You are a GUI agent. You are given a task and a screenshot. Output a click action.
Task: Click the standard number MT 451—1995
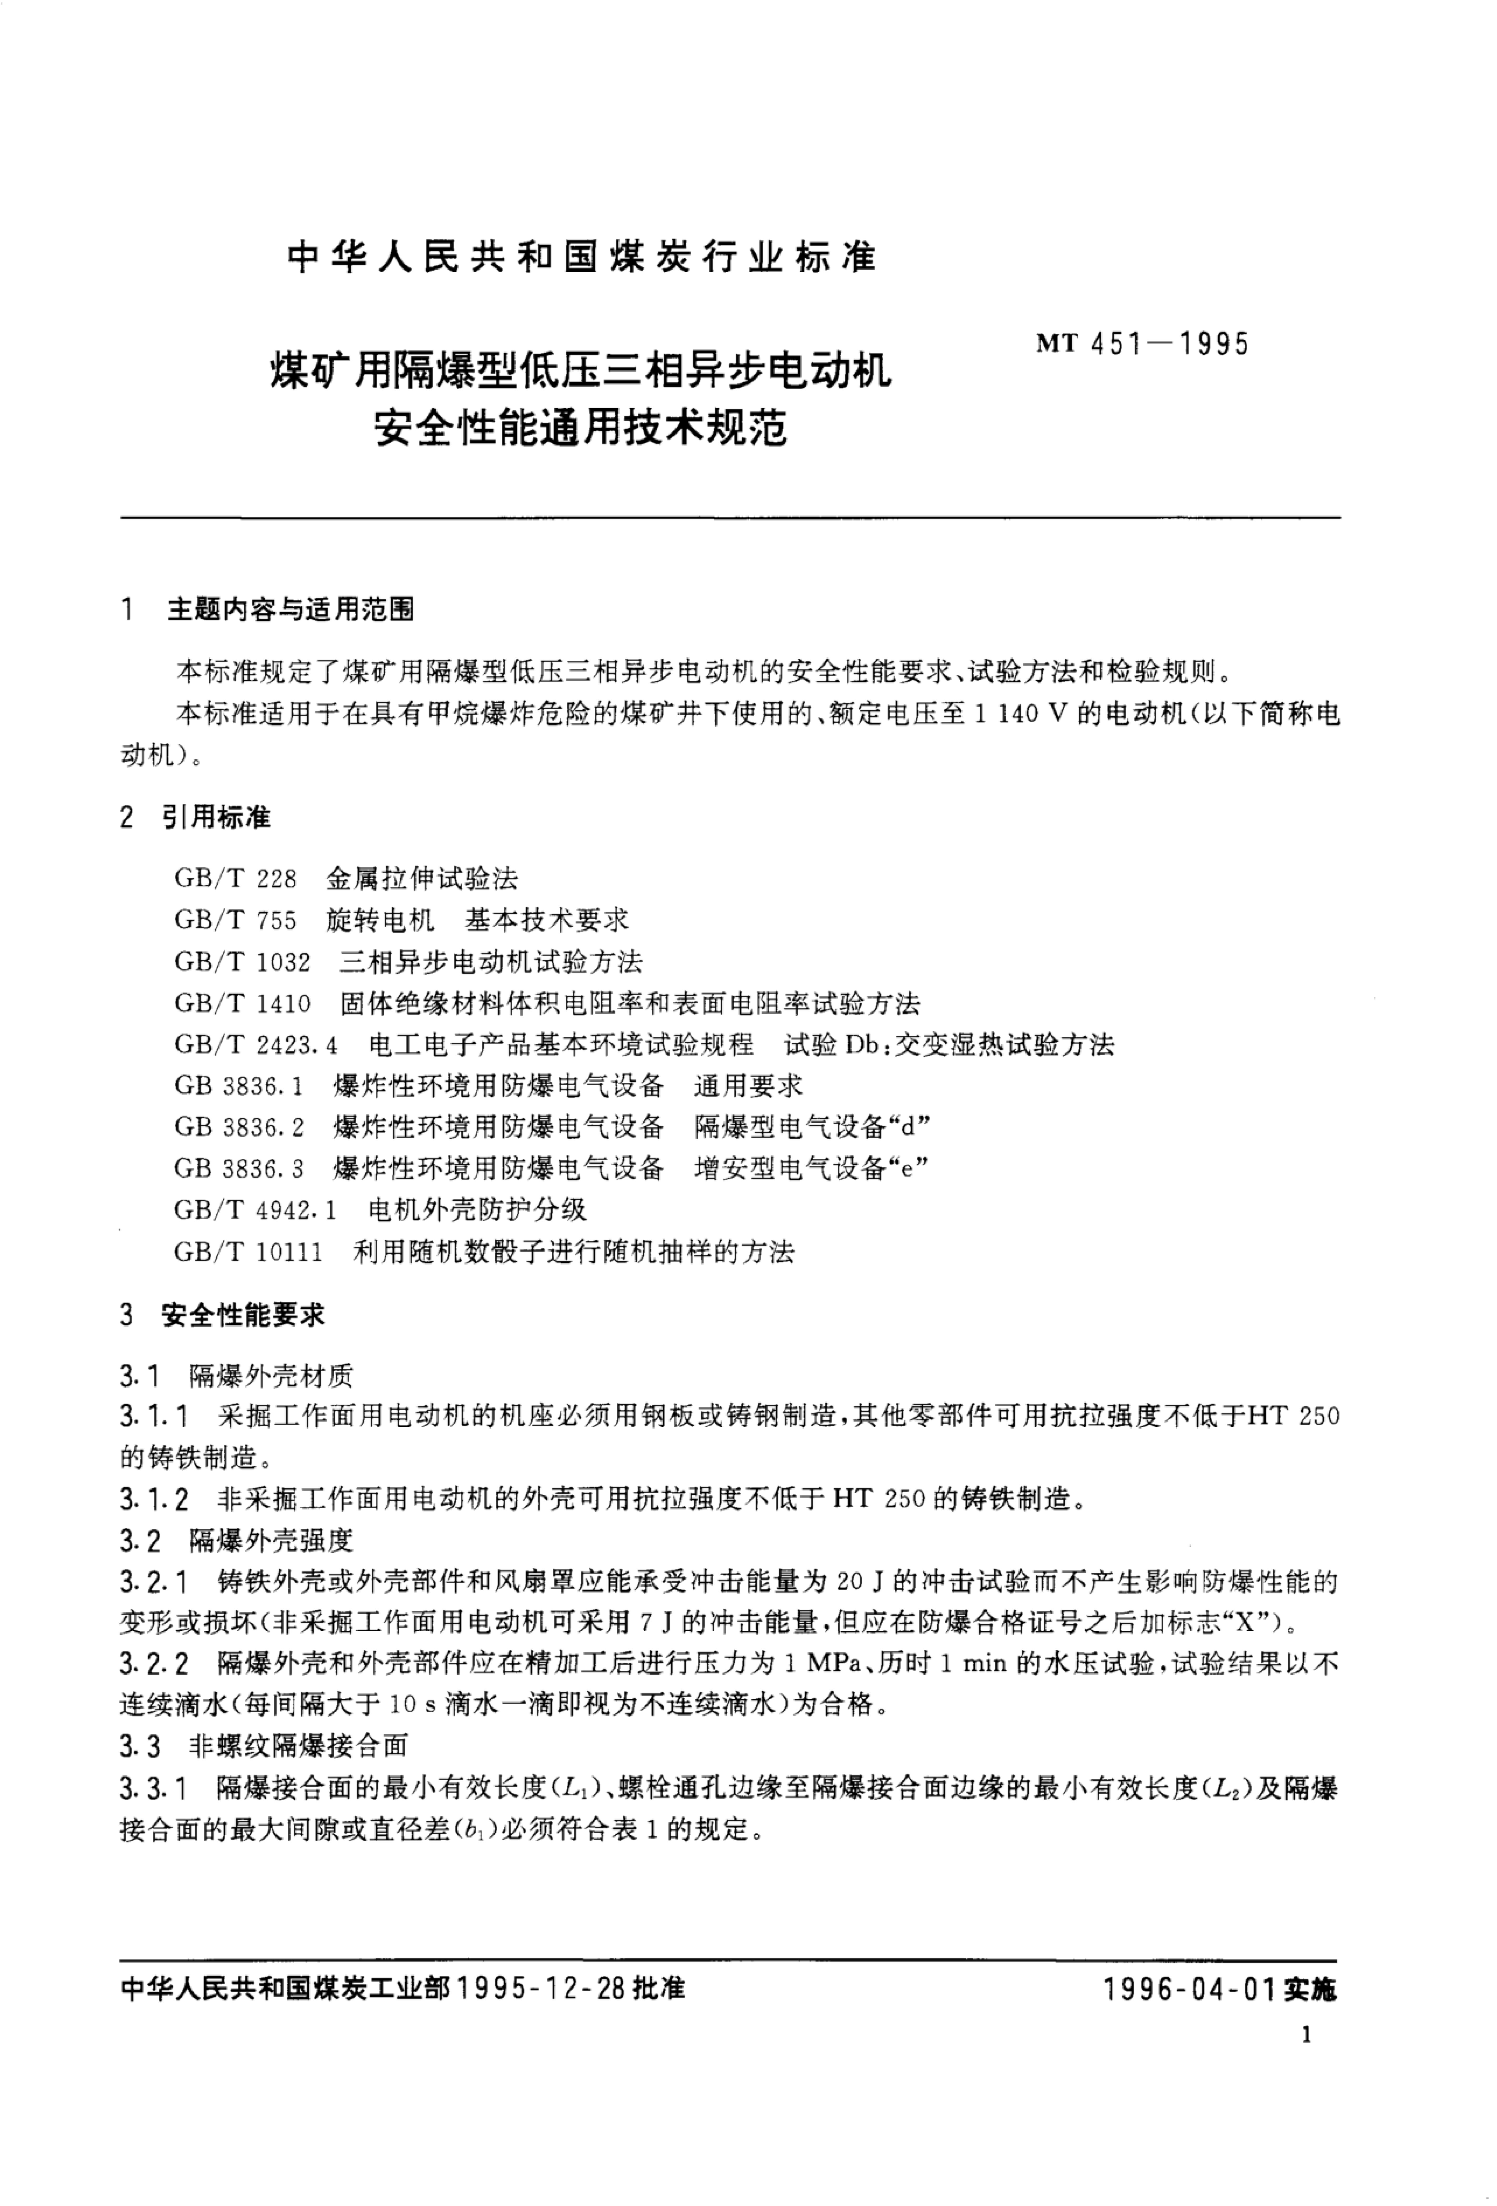(1142, 344)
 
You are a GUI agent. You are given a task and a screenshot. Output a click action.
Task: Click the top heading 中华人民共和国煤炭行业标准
(581, 257)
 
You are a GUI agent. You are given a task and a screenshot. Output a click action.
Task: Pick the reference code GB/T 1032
(242, 962)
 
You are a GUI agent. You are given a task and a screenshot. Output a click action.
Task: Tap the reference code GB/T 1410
(242, 1003)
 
